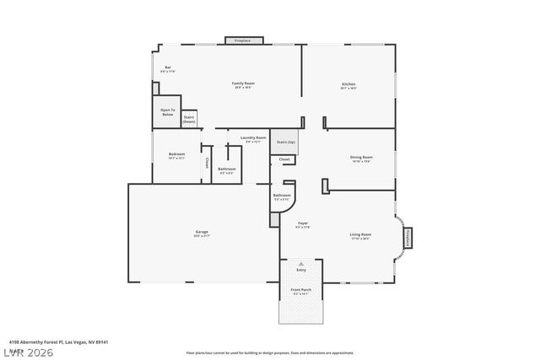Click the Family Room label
pyautogui.click(x=244, y=84)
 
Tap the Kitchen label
pyautogui.click(x=348, y=85)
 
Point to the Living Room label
pyautogui.click(x=360, y=235)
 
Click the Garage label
pyautogui.click(x=202, y=233)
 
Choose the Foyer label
pyautogui.click(x=302, y=224)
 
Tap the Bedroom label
pyautogui.click(x=176, y=155)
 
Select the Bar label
pyautogui.click(x=168, y=68)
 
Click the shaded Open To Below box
pyautogui.click(x=168, y=113)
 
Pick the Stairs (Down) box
pyautogui.click(x=190, y=120)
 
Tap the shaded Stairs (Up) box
pyautogui.click(x=286, y=142)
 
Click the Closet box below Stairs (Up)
pyautogui.click(x=284, y=159)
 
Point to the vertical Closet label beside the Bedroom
pyautogui.click(x=207, y=164)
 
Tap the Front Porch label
pyautogui.click(x=301, y=291)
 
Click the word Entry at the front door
pyautogui.click(x=301, y=270)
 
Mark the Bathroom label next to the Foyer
pyautogui.click(x=282, y=197)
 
